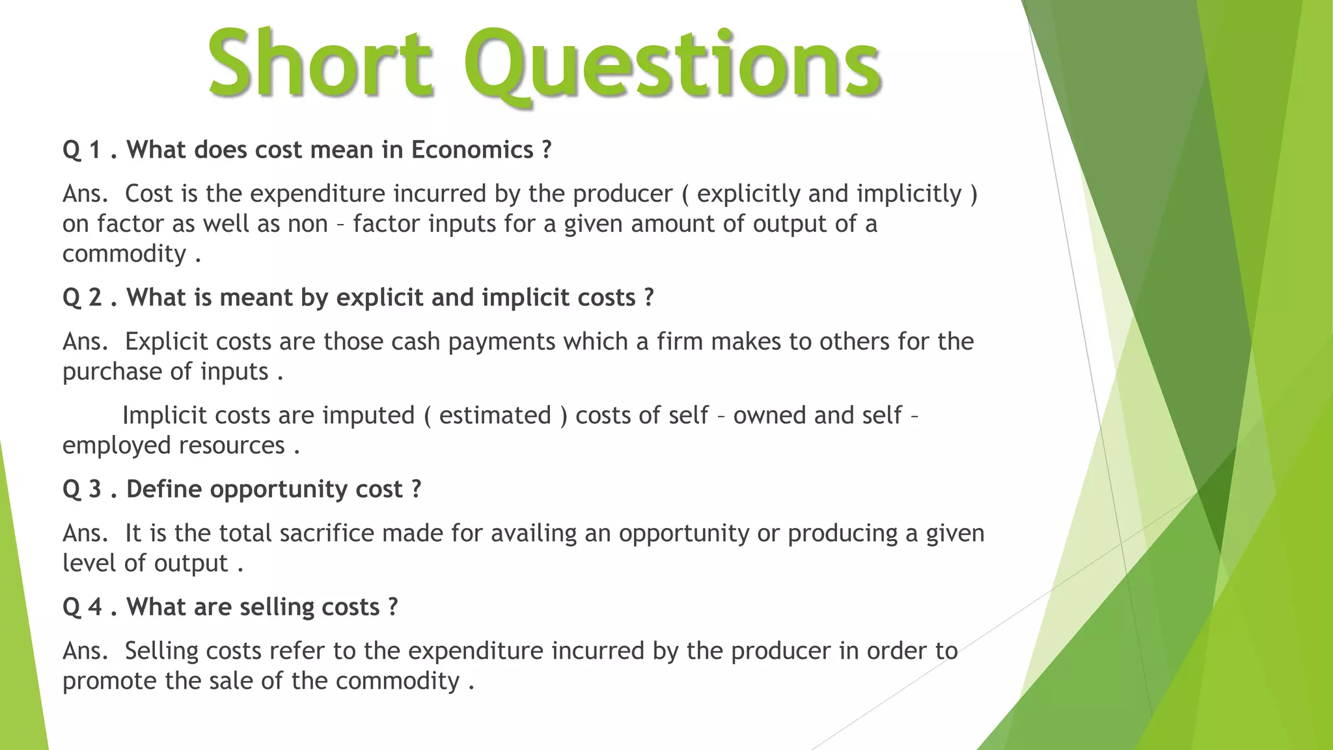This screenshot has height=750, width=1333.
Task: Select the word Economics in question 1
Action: click(x=472, y=150)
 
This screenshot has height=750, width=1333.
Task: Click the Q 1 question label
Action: click(x=81, y=150)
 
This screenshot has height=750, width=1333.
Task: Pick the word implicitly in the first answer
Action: click(x=909, y=194)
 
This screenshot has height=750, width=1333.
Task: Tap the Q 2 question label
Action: click(x=82, y=298)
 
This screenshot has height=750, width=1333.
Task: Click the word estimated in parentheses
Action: click(x=495, y=415)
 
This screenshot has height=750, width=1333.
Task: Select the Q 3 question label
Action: click(x=82, y=490)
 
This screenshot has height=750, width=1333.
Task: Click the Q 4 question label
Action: click(x=82, y=607)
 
